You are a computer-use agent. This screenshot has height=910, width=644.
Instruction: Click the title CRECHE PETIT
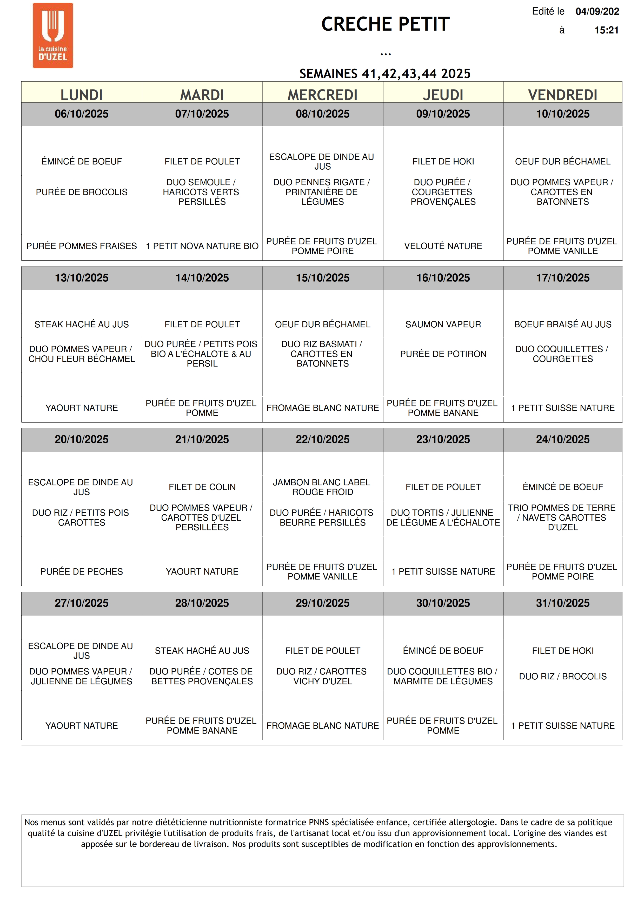(385, 24)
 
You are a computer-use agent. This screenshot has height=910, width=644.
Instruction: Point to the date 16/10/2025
(443, 278)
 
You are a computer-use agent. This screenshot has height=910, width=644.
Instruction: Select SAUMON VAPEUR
(443, 324)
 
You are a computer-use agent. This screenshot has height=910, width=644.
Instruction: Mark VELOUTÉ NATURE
(443, 246)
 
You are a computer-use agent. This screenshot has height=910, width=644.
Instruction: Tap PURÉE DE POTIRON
(443, 354)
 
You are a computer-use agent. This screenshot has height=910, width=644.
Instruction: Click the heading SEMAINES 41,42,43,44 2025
(385, 74)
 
